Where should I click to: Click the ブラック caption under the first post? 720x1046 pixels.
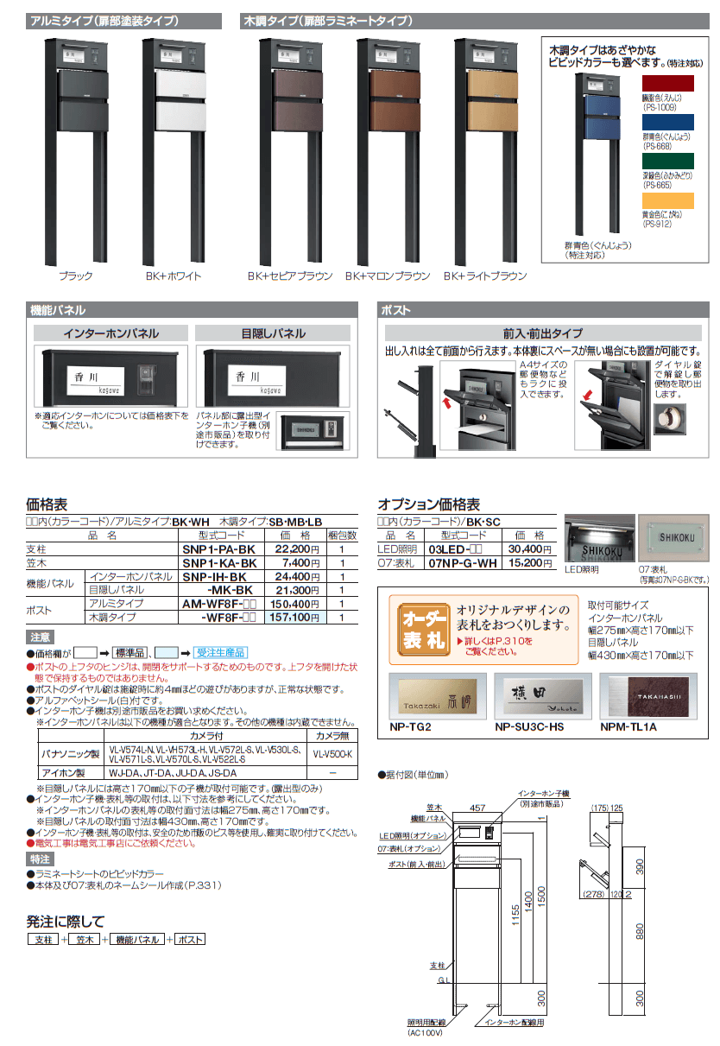pos(75,276)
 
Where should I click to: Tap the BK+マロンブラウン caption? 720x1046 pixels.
pos(388,276)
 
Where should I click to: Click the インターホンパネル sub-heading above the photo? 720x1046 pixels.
pos(111,333)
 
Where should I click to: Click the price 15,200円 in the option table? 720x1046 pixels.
pos(525,562)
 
